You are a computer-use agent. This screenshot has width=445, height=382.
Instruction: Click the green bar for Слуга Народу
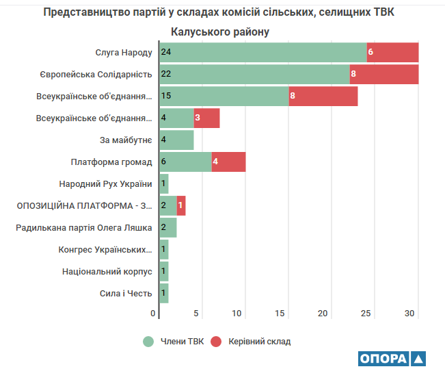pos(263,52)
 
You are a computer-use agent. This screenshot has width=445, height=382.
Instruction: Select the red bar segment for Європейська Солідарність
pos(383,74)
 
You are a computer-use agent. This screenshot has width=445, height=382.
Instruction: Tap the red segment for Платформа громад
pos(228,162)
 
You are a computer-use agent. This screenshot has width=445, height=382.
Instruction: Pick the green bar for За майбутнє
pos(176,140)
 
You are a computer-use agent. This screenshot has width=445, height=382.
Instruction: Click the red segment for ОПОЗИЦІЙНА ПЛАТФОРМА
pos(181,205)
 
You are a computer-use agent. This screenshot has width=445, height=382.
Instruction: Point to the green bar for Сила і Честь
pos(163,293)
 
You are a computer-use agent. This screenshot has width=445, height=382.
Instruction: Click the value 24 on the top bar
pos(165,52)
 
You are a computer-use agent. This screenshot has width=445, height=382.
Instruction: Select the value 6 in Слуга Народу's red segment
pos(370,52)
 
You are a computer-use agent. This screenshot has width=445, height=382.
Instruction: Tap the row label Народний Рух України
pos(106,183)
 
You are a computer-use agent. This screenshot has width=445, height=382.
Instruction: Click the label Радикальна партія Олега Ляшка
pos(84,227)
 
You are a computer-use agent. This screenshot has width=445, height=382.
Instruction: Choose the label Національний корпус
pos(107,271)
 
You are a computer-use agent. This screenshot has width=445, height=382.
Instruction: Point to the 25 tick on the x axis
pos(366,314)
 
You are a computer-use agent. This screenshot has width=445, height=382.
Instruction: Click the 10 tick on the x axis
pos(237,314)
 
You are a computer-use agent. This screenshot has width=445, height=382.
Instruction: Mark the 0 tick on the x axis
pos(153,314)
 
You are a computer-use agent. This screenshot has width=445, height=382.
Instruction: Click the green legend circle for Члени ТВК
pos(148,341)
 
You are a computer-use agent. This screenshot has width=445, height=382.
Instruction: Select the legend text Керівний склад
pos(259,341)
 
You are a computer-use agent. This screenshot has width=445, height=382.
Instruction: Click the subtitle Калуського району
pos(220,31)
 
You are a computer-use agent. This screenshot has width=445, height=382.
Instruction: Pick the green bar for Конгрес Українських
pos(163,249)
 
